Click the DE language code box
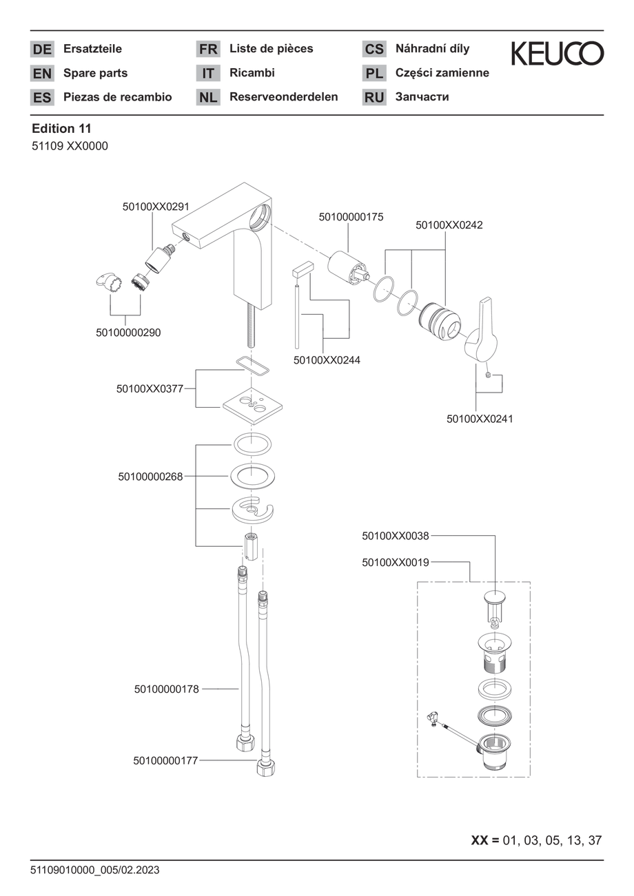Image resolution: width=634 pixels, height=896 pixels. click(42, 49)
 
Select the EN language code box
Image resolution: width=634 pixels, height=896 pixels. click(42, 73)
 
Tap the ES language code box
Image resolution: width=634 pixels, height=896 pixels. click(42, 97)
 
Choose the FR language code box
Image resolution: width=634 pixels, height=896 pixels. click(208, 49)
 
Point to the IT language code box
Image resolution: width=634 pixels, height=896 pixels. click(208, 73)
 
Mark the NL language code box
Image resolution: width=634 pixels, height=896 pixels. click(208, 97)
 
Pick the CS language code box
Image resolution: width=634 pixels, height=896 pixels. click(374, 49)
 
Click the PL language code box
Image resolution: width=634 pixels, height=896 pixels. click(374, 73)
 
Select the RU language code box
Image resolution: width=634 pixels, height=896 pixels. click(374, 97)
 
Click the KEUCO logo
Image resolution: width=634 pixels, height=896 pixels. click(558, 54)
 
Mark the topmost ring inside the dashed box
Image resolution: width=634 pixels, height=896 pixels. click(494, 597)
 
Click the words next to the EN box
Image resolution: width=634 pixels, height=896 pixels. click(96, 73)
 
